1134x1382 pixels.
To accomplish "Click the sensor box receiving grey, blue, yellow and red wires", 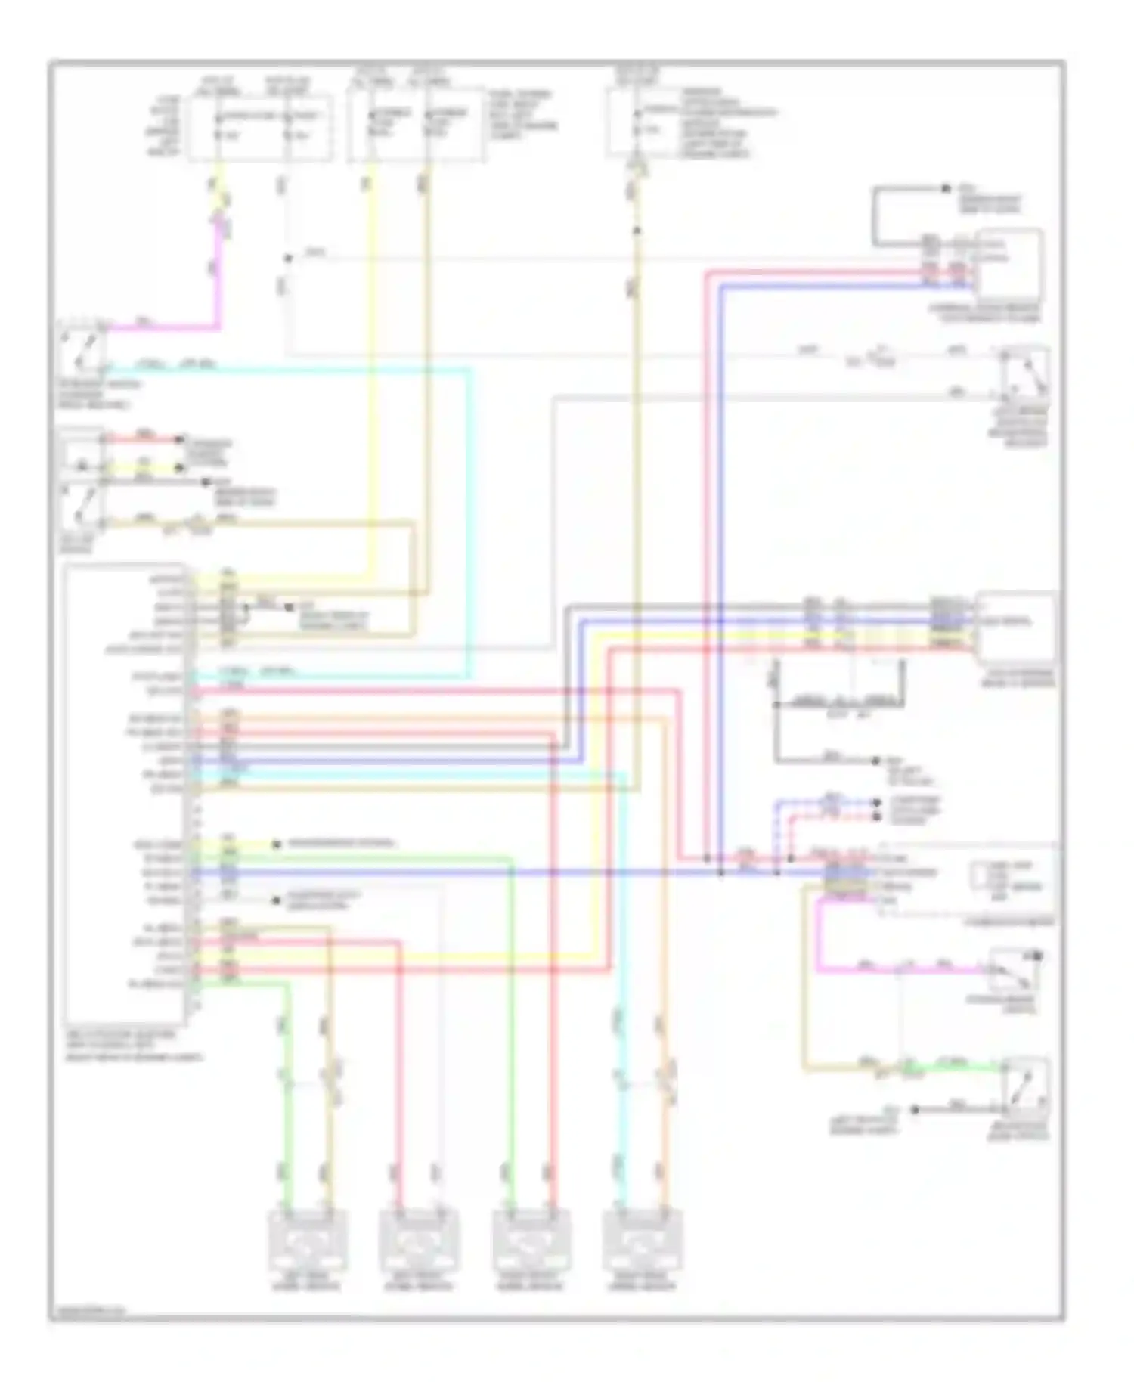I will click(1015, 625).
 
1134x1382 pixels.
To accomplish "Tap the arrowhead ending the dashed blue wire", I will click(876, 802).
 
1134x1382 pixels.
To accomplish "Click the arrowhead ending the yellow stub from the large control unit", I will click(277, 844).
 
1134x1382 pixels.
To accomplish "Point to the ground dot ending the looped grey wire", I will click(946, 188).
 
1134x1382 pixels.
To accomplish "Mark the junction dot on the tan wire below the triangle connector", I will click(637, 231).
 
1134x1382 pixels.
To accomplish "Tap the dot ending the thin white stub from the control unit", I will click(277, 900).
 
